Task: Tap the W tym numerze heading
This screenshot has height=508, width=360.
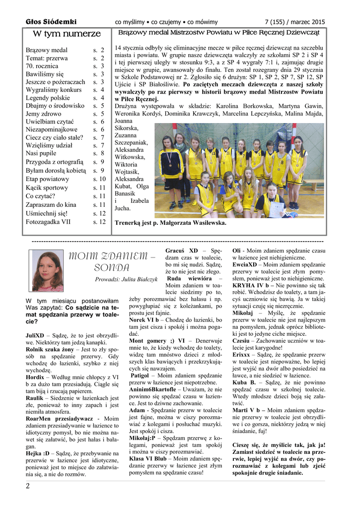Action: click(x=66, y=34)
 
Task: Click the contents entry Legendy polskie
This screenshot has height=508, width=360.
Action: click(x=48, y=98)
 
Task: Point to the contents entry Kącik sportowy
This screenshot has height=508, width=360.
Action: click(x=47, y=188)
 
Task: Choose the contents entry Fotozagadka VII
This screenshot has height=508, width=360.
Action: click(x=48, y=222)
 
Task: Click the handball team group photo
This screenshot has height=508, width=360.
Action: click(x=239, y=170)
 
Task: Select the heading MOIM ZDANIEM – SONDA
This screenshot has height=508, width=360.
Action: click(x=111, y=261)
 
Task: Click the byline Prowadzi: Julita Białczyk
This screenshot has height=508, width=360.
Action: click(x=126, y=279)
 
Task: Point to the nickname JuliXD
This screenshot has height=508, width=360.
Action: click(x=35, y=336)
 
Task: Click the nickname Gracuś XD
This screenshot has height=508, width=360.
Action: click(x=182, y=251)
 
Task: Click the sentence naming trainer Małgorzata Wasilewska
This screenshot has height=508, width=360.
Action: click(x=170, y=223)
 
